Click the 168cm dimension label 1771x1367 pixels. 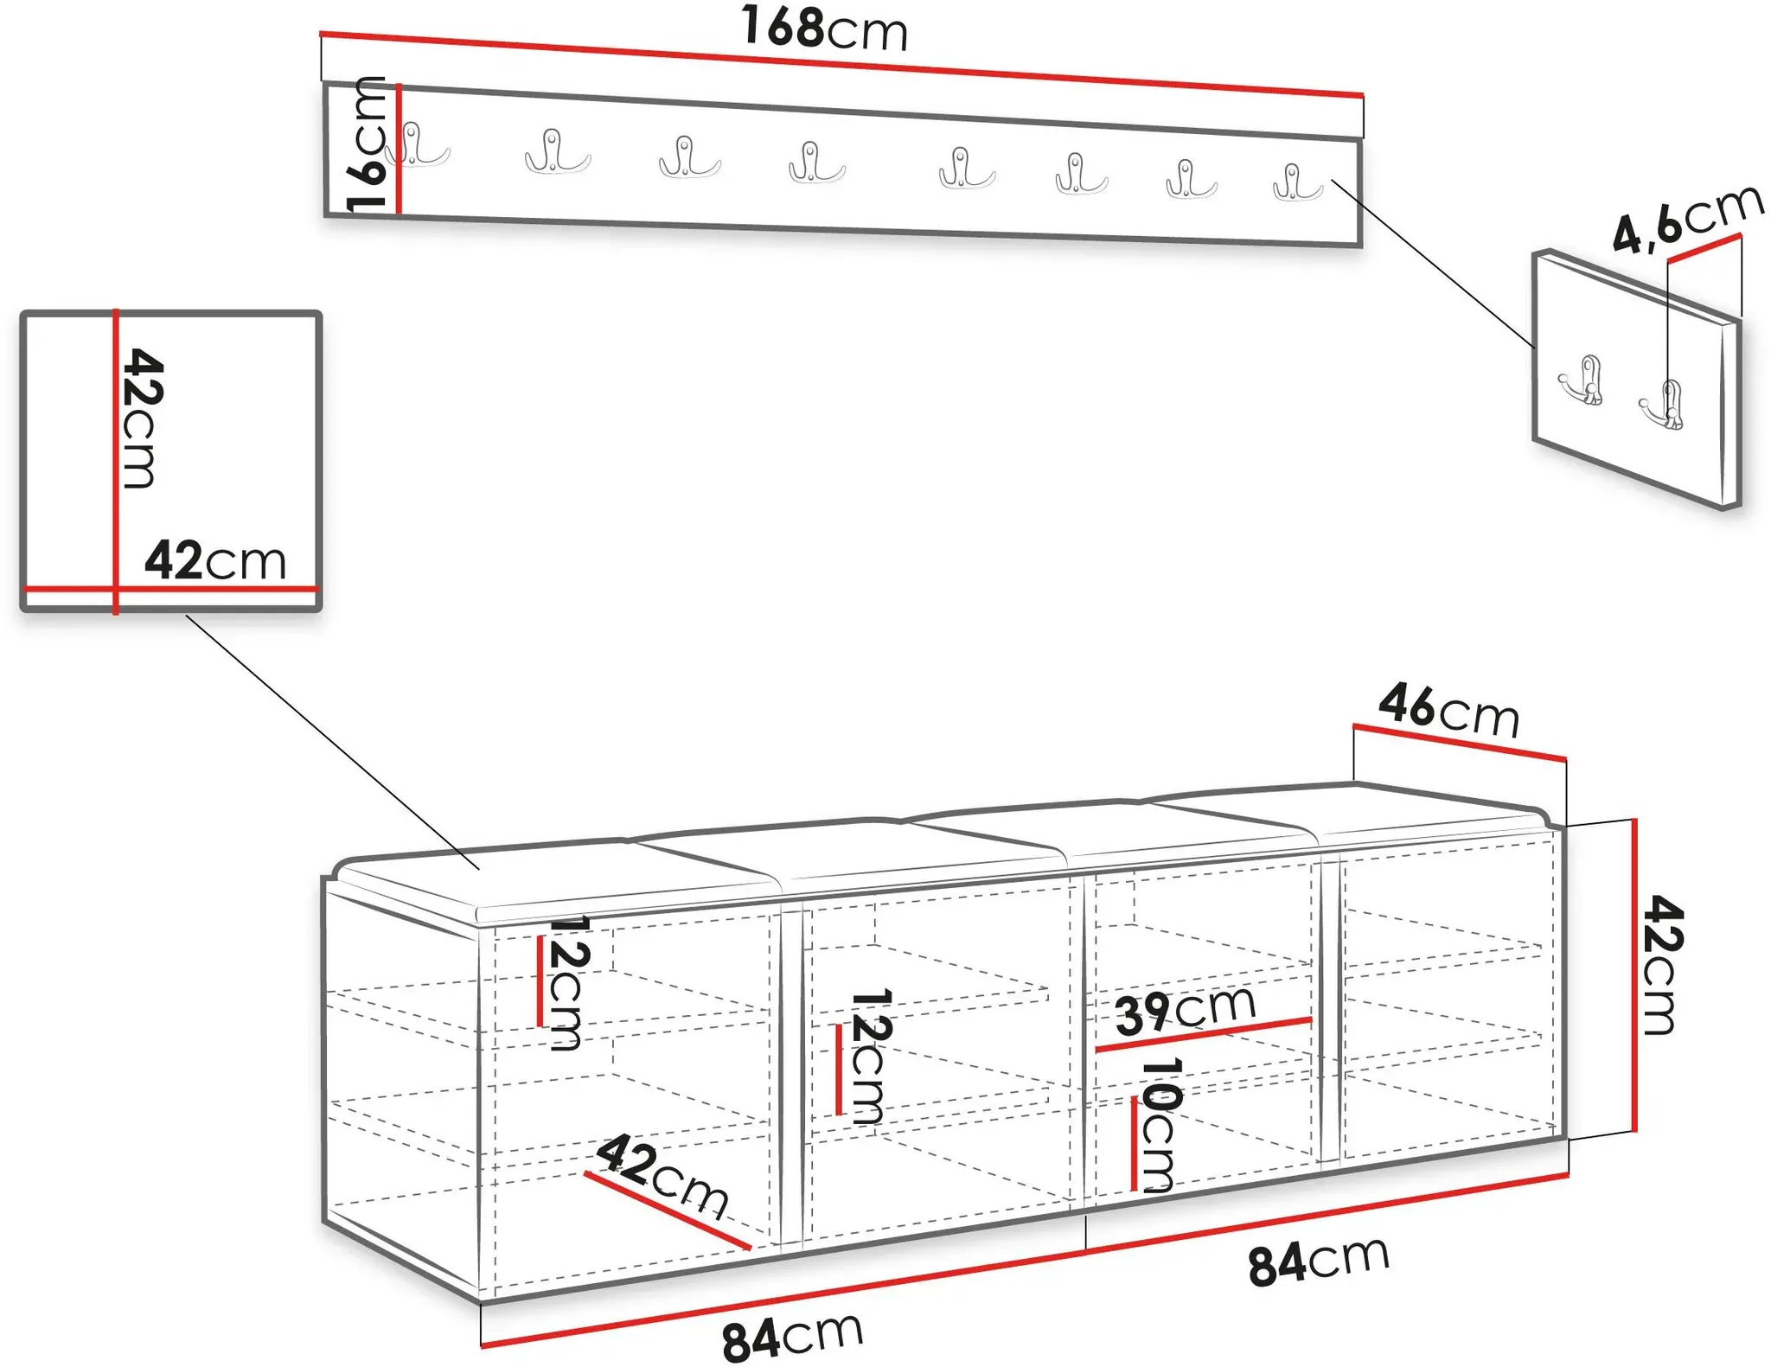click(824, 29)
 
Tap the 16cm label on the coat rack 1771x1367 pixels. click(367, 144)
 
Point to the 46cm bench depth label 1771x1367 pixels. click(1449, 712)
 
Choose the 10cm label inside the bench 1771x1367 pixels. click(1159, 1125)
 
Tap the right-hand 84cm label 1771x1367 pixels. click(1319, 1259)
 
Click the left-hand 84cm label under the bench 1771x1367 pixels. click(792, 1336)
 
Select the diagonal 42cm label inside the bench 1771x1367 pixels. click(662, 1175)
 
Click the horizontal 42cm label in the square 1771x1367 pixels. click(215, 560)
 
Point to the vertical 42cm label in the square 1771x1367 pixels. click(141, 418)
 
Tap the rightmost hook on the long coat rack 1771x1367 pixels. click(1297, 182)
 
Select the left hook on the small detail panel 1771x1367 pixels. click(1582, 380)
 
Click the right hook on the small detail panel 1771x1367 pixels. click(1662, 405)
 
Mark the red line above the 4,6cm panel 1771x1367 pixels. click(1704, 247)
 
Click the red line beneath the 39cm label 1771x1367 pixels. click(1204, 1035)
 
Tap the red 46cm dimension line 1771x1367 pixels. click(1460, 743)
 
